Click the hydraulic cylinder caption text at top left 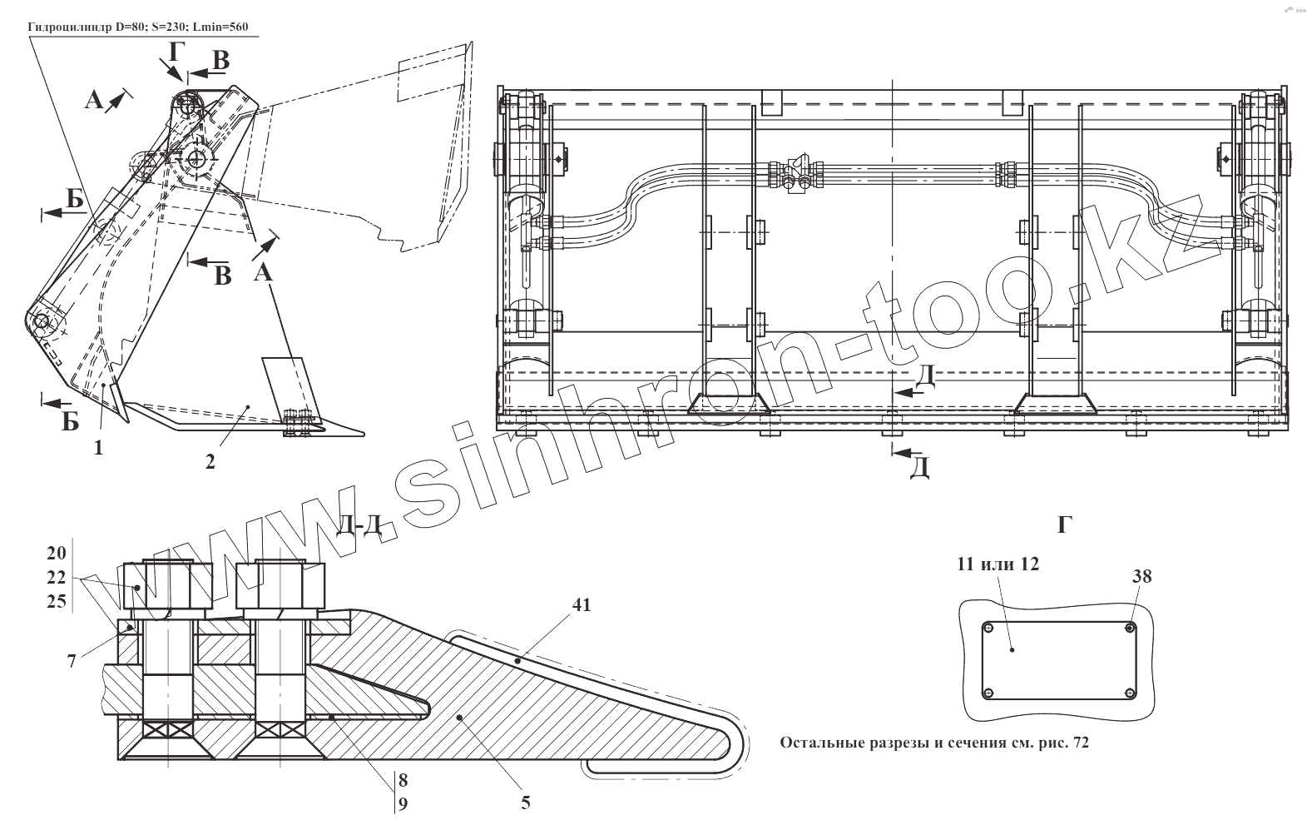pos(138,27)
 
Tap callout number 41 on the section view pos(582,605)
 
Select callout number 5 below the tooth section pos(526,803)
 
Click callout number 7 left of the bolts pos(72,661)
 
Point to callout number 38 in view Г pos(1142,576)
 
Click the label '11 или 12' pos(998,564)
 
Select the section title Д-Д pos(360,526)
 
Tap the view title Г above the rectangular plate pos(1065,525)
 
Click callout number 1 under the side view pos(98,448)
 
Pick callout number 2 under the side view pos(210,461)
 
